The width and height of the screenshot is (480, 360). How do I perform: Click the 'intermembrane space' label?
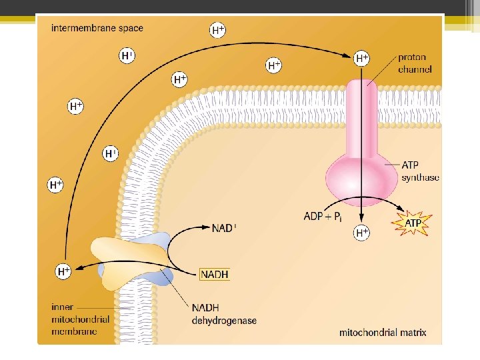tap(97, 28)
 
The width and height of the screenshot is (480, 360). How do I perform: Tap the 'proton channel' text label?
tap(415, 63)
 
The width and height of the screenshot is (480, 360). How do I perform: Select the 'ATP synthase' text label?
tap(420, 171)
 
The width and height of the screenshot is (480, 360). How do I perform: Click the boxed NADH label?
tap(215, 274)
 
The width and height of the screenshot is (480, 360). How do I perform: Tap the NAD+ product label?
tap(224, 228)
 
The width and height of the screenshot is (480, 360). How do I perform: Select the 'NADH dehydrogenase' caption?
tap(224, 314)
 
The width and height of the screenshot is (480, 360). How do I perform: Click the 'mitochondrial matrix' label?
tap(383, 332)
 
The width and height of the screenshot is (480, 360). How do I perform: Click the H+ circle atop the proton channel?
tap(362, 59)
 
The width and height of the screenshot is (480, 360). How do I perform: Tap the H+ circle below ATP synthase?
tap(362, 233)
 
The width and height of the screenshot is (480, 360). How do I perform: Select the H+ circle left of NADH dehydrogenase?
tap(63, 271)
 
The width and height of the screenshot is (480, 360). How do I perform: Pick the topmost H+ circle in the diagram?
tap(217, 30)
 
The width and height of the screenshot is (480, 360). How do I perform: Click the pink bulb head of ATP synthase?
tap(362, 175)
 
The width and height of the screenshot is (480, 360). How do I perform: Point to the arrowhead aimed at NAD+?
tap(206, 228)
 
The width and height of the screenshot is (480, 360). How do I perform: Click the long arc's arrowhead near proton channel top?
tap(349, 57)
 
